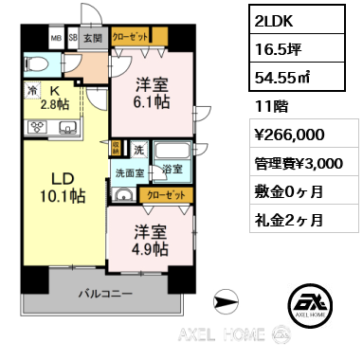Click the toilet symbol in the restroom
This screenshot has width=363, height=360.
coord(36,64)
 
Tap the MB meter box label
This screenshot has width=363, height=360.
coord(56,38)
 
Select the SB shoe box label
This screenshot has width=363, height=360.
coord(73,38)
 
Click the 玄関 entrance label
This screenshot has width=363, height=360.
coord(93,38)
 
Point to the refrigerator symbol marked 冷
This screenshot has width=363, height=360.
coord(32,91)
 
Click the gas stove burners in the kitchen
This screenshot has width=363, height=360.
coord(38,128)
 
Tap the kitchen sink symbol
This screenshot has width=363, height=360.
coord(68,128)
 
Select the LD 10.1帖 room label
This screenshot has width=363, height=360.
coord(63,188)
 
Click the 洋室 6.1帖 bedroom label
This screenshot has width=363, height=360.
coord(152,93)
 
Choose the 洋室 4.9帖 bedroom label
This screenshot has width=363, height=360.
coord(151,241)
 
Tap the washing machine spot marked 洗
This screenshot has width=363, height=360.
coord(138,149)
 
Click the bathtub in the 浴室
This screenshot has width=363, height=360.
coord(172,151)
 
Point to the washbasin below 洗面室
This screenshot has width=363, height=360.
coord(124,195)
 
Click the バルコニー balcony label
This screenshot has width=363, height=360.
coord(105,294)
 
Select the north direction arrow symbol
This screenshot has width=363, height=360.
coord(226,302)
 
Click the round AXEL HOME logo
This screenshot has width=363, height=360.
coord(310,305)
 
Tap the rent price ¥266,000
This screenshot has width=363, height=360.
coord(289,135)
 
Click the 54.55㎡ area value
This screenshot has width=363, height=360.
coord(281,78)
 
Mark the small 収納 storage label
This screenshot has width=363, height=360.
coord(116,148)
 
